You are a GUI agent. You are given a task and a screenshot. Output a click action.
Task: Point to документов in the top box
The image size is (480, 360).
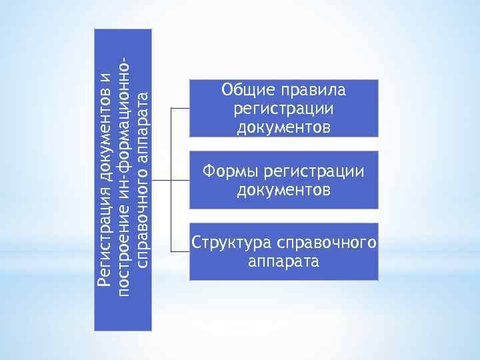(284, 126)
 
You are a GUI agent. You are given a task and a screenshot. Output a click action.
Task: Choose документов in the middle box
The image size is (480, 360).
(284, 190)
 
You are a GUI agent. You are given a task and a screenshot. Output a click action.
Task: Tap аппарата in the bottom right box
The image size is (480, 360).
(284, 260)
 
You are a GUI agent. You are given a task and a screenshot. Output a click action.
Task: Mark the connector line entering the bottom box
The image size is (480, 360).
(180, 251)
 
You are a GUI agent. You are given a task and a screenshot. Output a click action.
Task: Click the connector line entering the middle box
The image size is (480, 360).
(180, 180)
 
